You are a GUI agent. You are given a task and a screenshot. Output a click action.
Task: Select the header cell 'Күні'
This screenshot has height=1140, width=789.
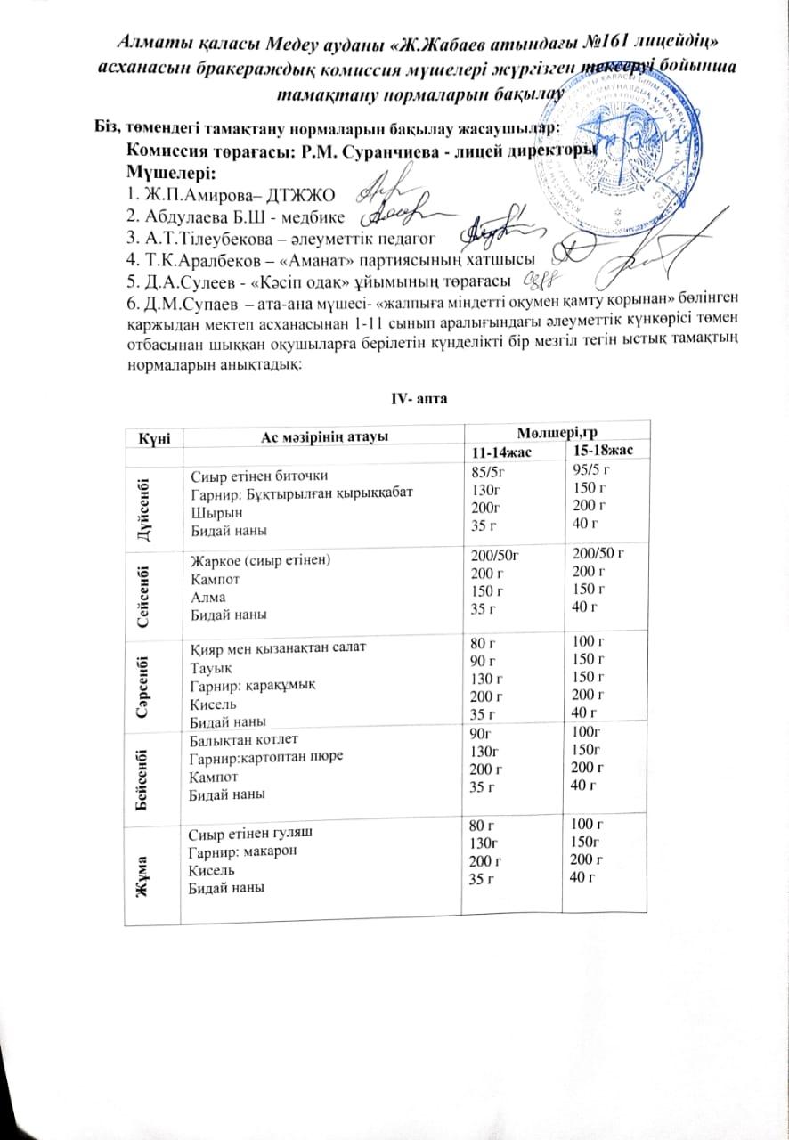pos(148,436)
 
